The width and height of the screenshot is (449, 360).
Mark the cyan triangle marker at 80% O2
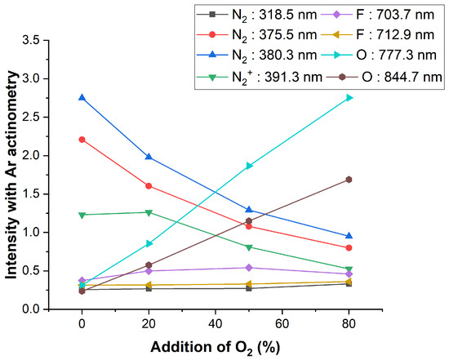(349, 98)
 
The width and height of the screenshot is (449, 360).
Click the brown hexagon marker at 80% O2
(349, 180)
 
